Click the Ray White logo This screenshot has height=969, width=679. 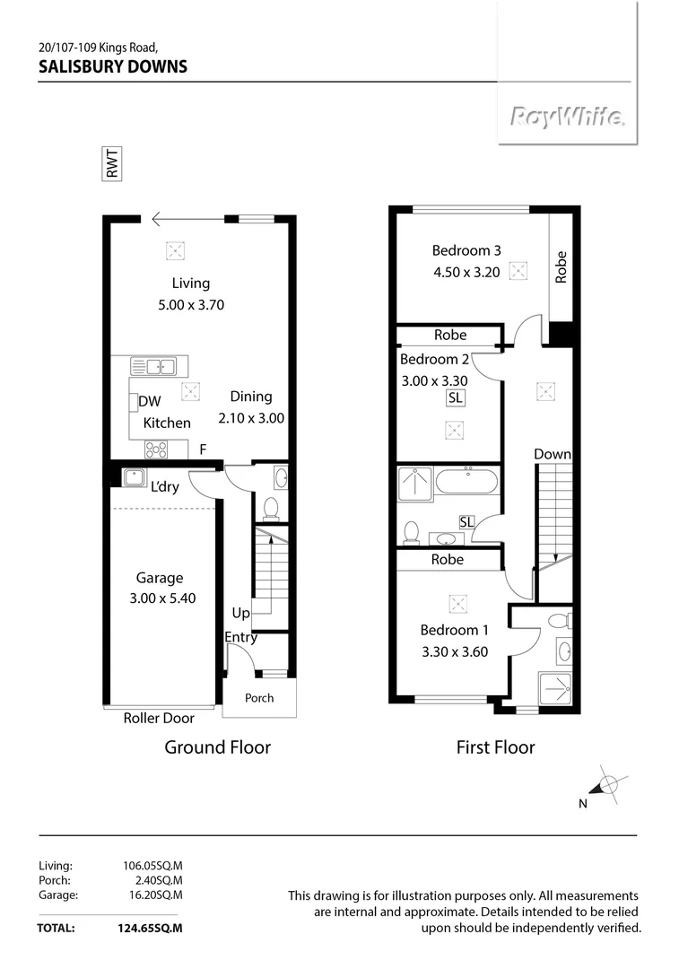point(567,118)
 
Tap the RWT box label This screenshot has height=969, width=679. point(112,166)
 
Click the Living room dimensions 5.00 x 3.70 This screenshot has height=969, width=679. point(190,305)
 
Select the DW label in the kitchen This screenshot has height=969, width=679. point(149,402)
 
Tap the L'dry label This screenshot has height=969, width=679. point(165,487)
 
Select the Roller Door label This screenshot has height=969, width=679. point(160,718)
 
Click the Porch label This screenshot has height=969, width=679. point(259,698)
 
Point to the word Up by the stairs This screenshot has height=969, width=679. point(240,614)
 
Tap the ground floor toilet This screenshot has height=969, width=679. point(271,509)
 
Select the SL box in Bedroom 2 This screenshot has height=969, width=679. point(455,400)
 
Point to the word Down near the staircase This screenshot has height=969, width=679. point(552,454)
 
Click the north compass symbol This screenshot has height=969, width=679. point(607,785)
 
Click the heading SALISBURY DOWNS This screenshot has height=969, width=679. point(113,66)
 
